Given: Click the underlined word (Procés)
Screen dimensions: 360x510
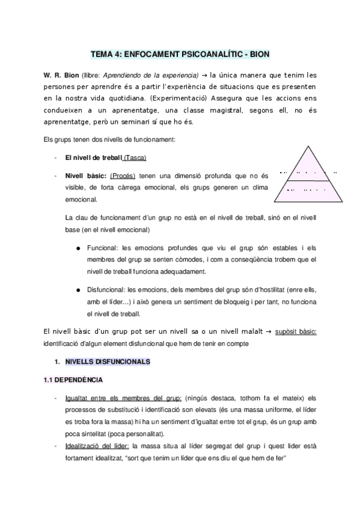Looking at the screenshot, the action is [x=123, y=176].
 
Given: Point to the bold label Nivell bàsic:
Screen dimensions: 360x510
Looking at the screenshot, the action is [x=87, y=176].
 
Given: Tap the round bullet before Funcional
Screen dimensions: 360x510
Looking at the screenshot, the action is [x=79, y=248].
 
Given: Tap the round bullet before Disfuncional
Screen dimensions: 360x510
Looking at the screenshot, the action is [x=79, y=289].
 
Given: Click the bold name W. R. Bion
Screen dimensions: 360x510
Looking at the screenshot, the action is [x=61, y=75].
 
